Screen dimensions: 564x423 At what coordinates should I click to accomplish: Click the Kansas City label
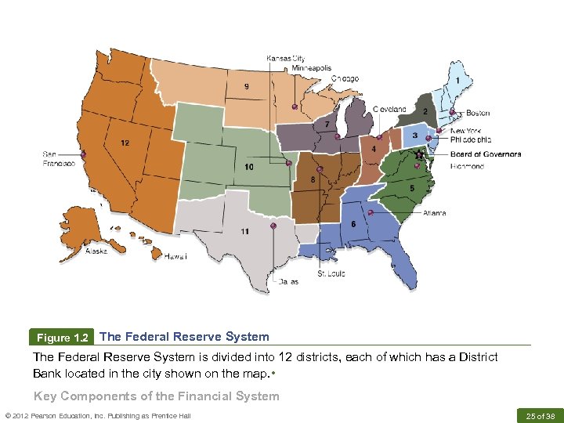point(286,59)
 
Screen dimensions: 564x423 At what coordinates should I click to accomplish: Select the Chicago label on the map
point(345,78)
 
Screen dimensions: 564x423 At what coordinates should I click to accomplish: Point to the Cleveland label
point(389,109)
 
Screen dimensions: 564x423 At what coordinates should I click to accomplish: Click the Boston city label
point(478,114)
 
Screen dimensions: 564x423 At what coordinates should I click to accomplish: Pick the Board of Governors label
point(486,154)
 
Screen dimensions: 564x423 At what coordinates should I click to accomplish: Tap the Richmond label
point(468,166)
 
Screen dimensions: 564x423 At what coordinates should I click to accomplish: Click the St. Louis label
point(331,273)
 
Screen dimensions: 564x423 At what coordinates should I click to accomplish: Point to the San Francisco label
point(59,158)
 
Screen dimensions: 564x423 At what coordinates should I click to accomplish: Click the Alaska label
point(96,251)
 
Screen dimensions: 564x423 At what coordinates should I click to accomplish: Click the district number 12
point(125,143)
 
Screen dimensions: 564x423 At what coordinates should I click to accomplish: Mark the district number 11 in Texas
point(245,231)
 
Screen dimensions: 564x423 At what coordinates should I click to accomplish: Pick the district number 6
point(353,224)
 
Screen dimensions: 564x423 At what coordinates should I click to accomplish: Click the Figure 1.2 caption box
point(63,338)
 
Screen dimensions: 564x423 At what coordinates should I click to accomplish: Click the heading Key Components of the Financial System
point(157,396)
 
